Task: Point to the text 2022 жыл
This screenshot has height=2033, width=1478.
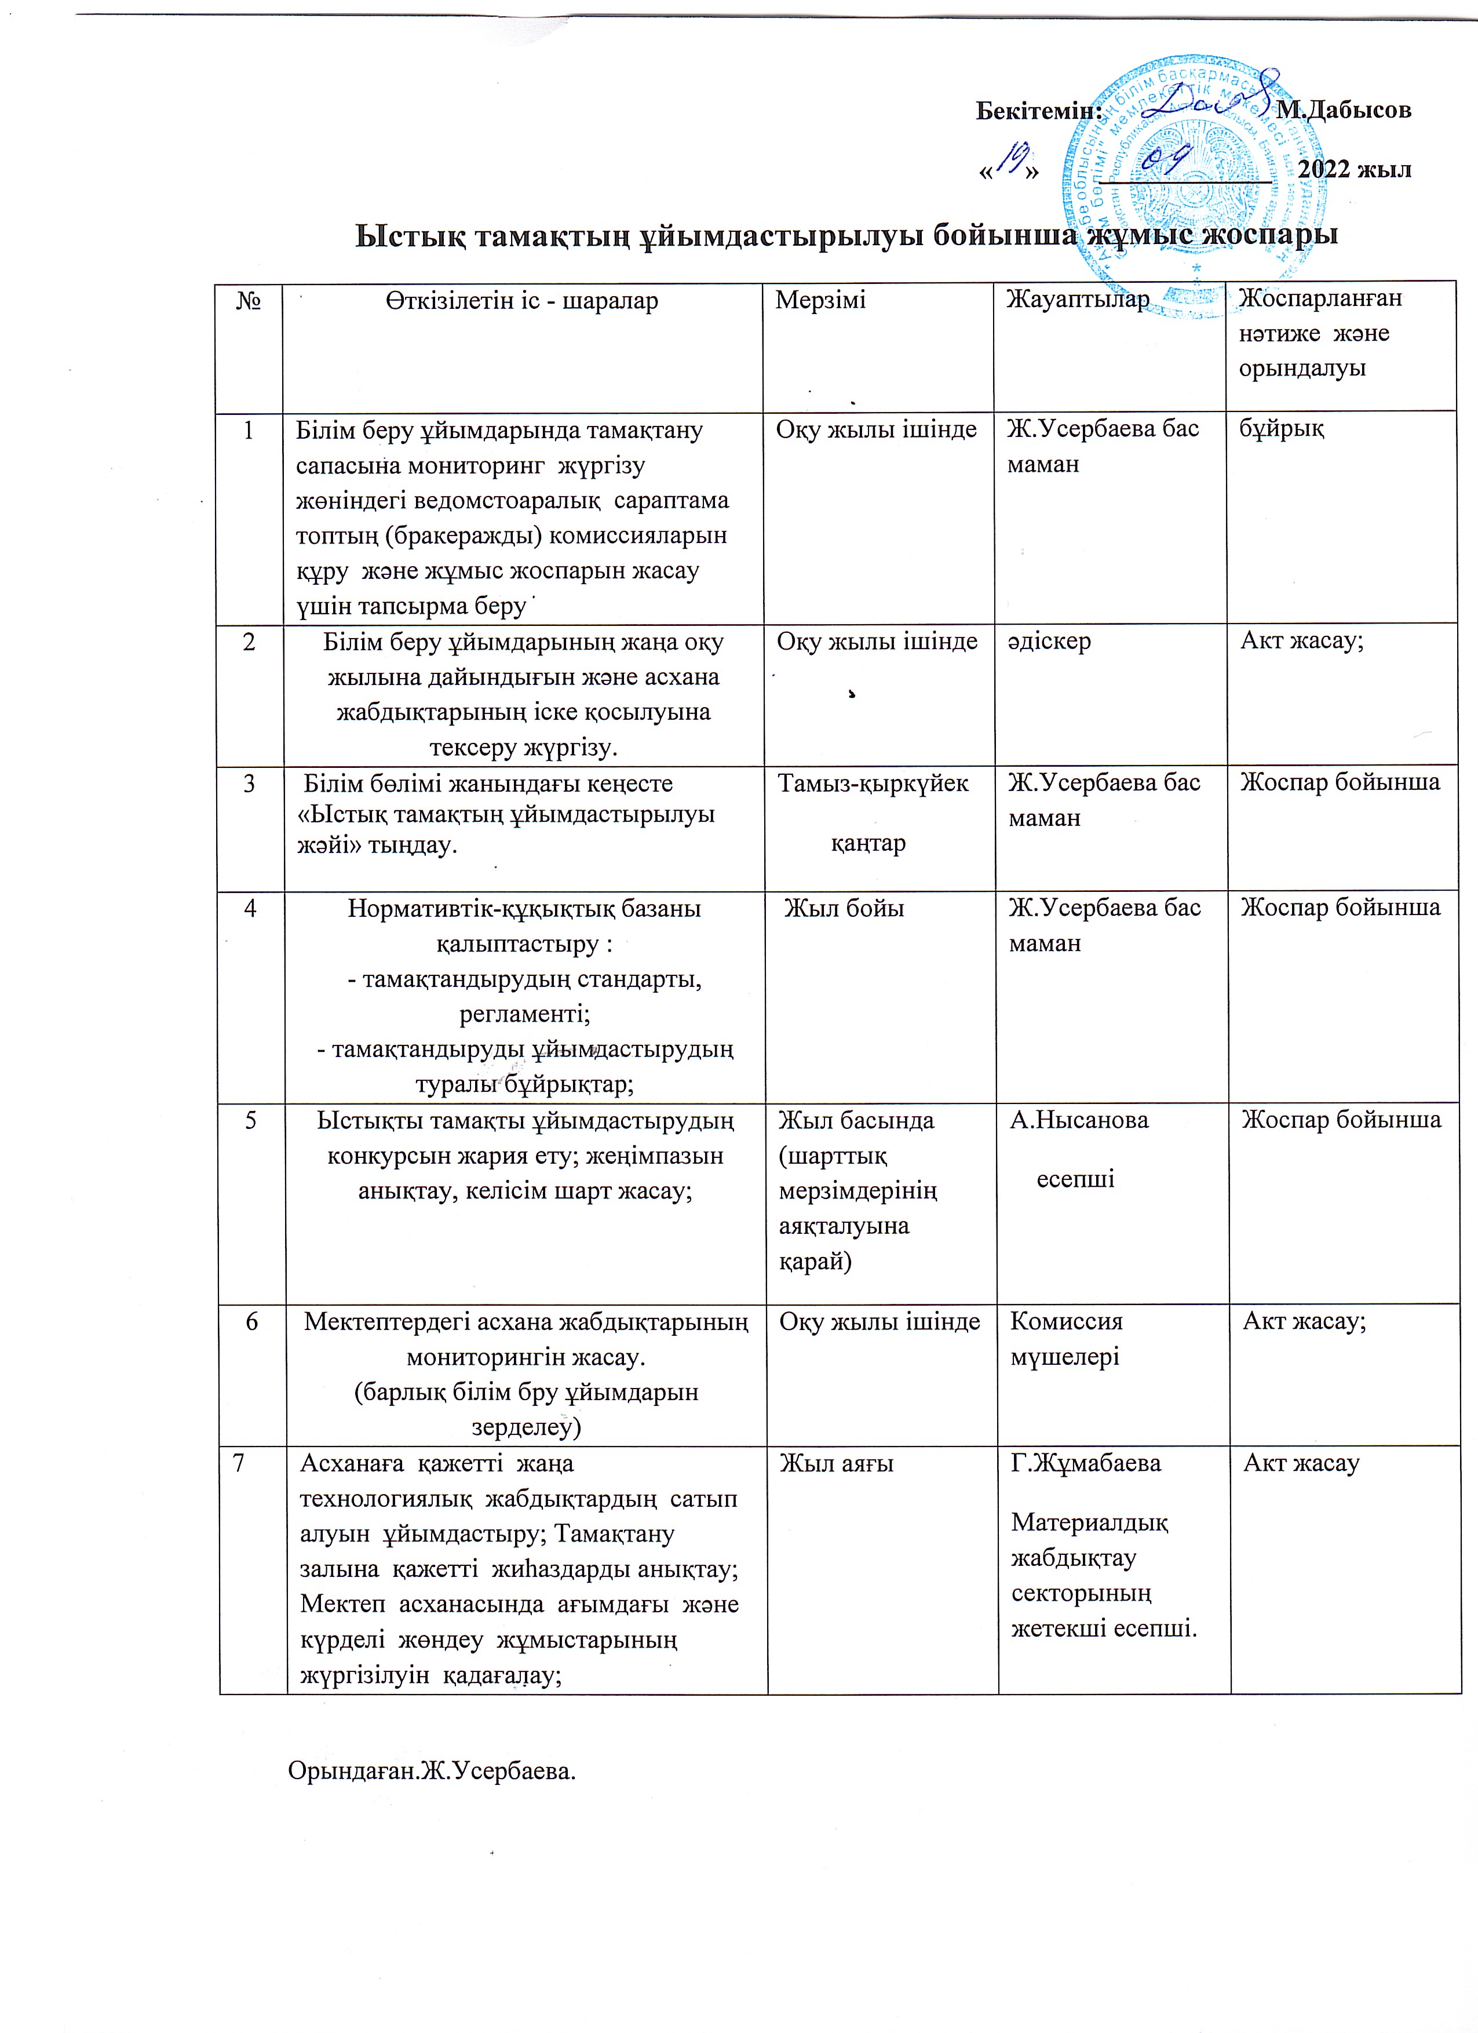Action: pyautogui.click(x=1355, y=169)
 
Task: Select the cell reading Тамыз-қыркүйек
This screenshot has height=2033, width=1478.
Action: pyautogui.click(x=873, y=784)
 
